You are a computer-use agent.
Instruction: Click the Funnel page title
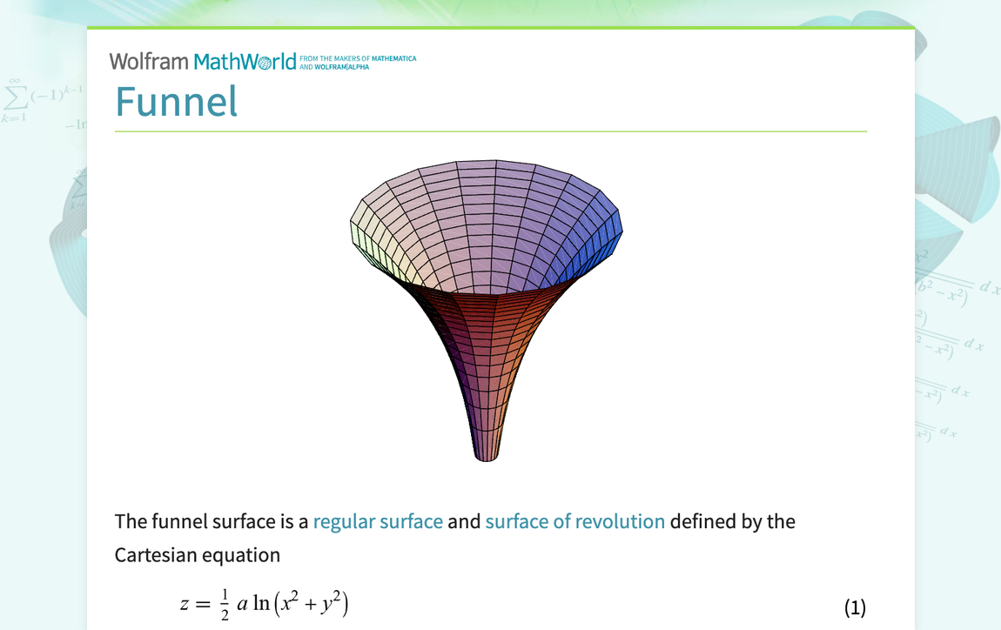[x=176, y=102]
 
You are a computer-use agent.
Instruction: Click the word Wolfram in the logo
[x=149, y=62]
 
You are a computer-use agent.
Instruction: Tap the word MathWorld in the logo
[x=245, y=62]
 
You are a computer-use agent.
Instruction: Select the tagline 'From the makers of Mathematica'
[x=358, y=58]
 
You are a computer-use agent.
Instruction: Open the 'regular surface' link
[x=378, y=521]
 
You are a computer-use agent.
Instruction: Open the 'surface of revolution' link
[x=575, y=521]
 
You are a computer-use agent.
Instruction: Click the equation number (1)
[x=855, y=607]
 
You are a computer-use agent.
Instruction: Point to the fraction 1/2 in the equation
[x=225, y=605]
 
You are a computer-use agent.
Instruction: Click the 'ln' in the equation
[x=261, y=603]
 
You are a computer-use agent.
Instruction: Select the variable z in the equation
[x=185, y=604]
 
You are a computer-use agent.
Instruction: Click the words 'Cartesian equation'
[x=198, y=555]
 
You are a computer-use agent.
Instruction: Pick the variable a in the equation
[x=242, y=604]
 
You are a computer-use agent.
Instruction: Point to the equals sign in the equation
[x=203, y=604]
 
